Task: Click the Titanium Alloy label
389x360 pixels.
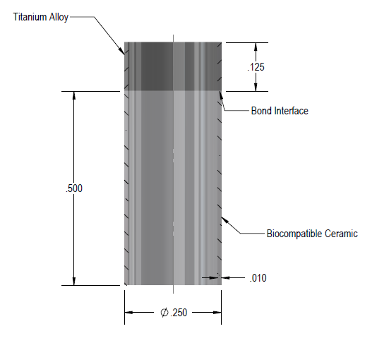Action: point(41,18)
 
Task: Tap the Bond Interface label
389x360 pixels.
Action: point(280,111)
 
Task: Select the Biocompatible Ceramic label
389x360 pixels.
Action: point(312,234)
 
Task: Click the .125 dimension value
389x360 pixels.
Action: point(256,67)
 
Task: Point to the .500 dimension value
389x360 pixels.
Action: point(74,188)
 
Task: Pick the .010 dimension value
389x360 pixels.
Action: point(258,278)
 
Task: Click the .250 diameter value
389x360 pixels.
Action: point(179,313)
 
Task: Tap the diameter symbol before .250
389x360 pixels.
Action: point(164,313)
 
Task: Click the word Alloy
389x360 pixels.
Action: point(59,18)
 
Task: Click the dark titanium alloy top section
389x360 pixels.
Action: point(173,66)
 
